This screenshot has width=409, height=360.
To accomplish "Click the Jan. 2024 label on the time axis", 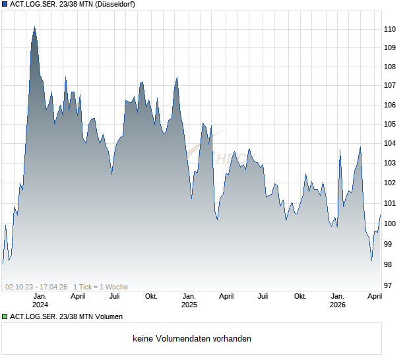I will click(40, 301).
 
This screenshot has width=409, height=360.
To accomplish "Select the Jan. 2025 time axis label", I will click(189, 301).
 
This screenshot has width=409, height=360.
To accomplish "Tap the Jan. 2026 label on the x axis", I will click(338, 301).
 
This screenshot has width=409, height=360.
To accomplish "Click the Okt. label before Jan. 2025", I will click(151, 296).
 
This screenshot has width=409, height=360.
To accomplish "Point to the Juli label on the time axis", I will click(263, 296).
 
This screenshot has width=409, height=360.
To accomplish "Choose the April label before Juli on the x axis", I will click(226, 296).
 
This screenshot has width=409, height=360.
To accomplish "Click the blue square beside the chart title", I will click(5, 5).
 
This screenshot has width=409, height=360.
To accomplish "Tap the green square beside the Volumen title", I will click(5, 316).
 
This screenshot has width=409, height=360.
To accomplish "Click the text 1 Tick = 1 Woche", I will click(100, 287).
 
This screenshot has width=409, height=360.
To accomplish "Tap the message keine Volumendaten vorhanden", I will click(192, 339).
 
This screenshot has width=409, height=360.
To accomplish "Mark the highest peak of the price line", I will click(34, 28).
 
